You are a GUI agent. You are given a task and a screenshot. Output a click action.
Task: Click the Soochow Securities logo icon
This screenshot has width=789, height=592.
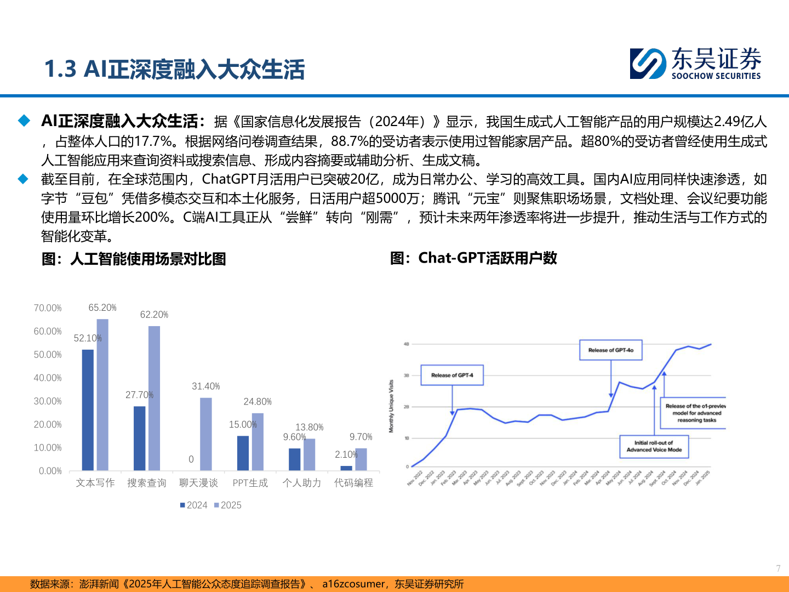(x=648, y=64)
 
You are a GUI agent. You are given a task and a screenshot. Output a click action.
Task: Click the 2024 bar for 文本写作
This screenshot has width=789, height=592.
(x=88, y=409)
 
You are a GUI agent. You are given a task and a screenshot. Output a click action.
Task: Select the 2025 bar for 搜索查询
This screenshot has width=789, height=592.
(x=154, y=398)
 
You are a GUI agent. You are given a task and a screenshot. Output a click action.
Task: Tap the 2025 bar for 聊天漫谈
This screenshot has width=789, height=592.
(x=205, y=434)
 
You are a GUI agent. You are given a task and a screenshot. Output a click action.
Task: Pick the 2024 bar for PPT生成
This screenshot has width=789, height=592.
(x=243, y=453)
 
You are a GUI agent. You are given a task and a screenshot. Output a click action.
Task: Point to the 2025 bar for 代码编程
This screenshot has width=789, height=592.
(x=361, y=459)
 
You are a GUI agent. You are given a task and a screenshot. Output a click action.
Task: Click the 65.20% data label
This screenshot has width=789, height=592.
(x=102, y=308)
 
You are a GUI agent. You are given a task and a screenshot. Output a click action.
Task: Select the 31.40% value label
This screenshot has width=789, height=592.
(x=205, y=386)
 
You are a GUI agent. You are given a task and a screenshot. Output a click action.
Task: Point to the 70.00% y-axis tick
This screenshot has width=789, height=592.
(x=48, y=308)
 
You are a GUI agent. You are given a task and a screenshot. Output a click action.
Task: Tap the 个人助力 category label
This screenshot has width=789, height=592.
(x=302, y=483)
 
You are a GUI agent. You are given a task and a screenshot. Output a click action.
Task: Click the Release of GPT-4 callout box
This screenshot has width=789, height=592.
(x=452, y=375)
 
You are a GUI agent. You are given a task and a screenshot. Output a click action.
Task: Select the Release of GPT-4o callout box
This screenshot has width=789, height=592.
(x=611, y=350)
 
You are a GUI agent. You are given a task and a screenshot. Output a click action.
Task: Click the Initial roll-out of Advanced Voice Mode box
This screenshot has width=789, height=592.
(x=654, y=446)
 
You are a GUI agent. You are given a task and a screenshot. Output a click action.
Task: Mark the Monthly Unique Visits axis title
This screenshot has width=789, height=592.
(x=391, y=406)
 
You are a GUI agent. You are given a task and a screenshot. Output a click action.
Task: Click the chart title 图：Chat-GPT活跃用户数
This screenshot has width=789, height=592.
(x=473, y=258)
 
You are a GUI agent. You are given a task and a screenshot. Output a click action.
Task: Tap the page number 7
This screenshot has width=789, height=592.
(x=778, y=568)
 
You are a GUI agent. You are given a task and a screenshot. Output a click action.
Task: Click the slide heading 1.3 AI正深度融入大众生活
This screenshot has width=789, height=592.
(x=174, y=70)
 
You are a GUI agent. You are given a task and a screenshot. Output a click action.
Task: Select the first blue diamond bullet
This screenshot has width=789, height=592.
(x=24, y=121)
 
